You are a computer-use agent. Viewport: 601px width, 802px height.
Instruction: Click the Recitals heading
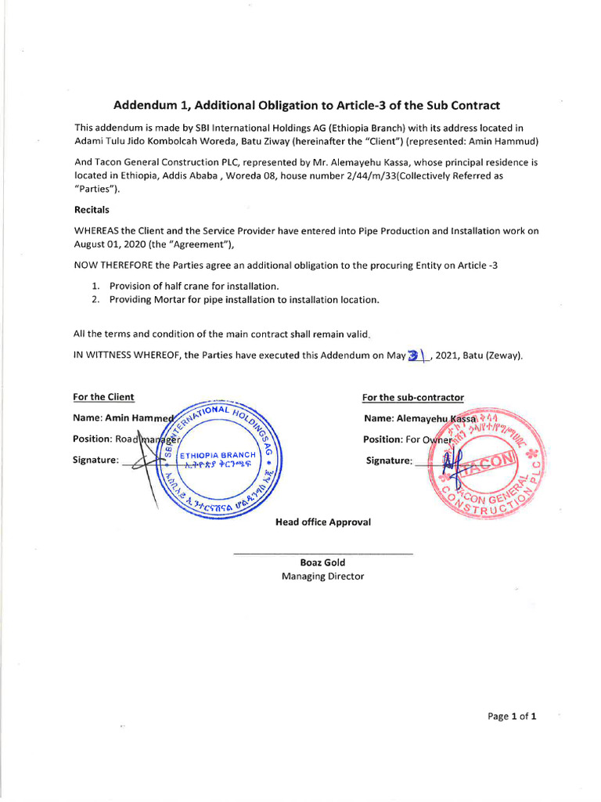click(92, 211)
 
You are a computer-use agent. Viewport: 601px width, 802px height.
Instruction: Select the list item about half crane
click(194, 286)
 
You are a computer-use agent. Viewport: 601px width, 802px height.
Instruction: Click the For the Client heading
click(103, 397)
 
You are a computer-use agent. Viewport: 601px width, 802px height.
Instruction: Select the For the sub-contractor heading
click(412, 398)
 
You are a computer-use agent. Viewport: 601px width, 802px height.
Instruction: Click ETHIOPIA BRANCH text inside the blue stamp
click(218, 455)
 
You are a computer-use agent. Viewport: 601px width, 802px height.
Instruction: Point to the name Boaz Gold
click(322, 562)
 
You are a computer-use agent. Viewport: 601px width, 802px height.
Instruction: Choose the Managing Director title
click(322, 576)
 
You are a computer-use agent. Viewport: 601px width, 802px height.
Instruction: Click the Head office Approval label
click(323, 522)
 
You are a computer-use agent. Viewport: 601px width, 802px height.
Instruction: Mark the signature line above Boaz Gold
click(323, 555)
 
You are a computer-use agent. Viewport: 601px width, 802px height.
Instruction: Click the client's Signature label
click(96, 460)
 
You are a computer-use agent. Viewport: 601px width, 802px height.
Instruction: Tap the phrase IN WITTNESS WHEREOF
click(126, 355)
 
